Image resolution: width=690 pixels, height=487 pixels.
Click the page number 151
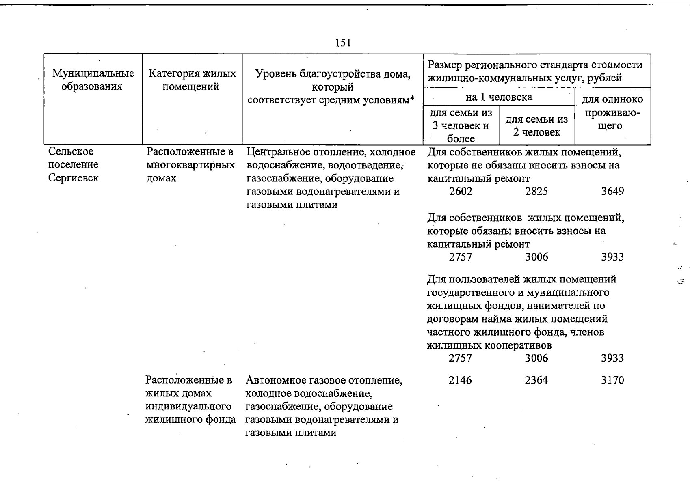[344, 43]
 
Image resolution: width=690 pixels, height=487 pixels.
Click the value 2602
[461, 192]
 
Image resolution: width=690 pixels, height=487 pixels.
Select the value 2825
[536, 192]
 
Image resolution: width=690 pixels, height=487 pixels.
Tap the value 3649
[612, 192]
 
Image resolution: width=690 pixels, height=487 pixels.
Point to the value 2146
[461, 380]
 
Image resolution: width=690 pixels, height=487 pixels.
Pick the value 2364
[536, 380]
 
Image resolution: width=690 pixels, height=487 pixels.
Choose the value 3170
[612, 380]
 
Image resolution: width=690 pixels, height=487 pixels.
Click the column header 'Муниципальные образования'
[93, 80]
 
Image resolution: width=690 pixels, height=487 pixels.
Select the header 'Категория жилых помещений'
[192, 80]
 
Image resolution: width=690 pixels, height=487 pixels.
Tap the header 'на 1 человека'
[499, 97]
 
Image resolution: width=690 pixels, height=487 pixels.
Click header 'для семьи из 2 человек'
[536, 125]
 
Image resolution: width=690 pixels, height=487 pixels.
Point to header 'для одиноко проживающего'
[612, 112]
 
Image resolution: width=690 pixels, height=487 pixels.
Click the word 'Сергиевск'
[73, 178]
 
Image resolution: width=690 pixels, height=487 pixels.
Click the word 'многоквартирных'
[190, 165]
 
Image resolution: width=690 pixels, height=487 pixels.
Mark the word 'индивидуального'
[188, 407]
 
